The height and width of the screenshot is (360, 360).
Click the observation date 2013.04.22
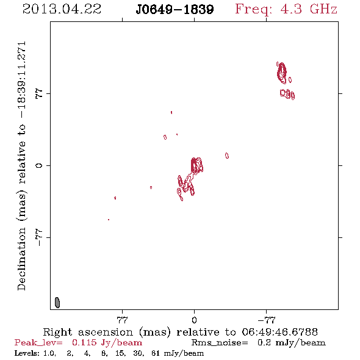point(62,9)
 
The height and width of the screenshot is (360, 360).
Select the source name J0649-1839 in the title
point(175,9)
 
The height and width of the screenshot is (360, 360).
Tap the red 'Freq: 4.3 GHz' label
point(286,10)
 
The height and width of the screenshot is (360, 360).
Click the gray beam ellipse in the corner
point(57,303)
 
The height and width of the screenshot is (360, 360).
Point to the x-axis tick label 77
point(122,320)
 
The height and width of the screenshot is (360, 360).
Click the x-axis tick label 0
point(194,320)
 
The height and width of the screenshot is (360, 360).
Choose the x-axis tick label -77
point(266,320)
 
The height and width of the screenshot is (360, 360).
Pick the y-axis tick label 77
point(39,94)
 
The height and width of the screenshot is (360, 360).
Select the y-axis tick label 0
point(39,165)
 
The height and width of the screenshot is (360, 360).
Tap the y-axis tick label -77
point(39,237)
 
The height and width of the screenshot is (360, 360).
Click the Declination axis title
point(22,166)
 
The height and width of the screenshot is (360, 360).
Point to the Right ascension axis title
point(180,332)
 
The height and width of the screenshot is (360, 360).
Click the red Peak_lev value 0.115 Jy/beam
point(107,343)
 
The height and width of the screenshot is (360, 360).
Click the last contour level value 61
point(156,353)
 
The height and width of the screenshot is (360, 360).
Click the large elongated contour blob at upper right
point(281,73)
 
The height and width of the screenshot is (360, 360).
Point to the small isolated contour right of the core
point(227,156)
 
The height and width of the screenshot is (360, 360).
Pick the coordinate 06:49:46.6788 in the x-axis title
point(279,332)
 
